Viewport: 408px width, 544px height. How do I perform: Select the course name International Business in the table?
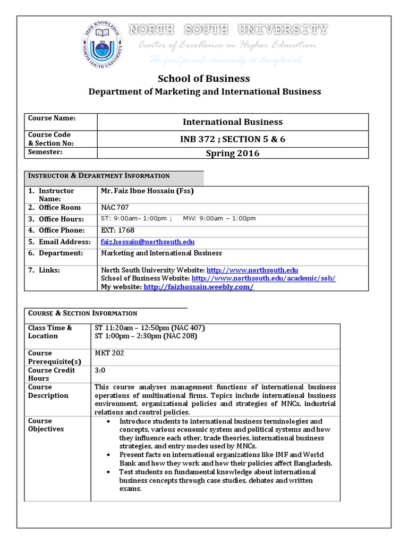pos(233,122)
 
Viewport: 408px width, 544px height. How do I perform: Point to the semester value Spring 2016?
pos(233,153)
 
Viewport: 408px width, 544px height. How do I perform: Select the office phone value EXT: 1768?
pos(118,230)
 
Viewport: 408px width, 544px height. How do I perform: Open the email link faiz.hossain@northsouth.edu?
pos(144,242)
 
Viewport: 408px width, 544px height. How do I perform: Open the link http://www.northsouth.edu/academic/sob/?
pos(263,278)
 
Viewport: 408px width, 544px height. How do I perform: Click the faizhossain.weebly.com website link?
pos(198,287)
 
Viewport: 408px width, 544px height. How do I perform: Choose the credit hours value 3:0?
pos(100,370)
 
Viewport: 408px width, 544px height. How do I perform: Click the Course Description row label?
pos(48,392)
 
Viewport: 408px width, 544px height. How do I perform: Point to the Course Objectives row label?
pos(46,425)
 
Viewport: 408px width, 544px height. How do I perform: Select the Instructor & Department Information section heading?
pos(99,176)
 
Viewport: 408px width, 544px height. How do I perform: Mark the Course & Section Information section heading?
pos(82,313)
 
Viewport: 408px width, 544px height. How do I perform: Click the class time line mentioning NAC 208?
pos(141,336)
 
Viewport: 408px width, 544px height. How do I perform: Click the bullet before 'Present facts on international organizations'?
pos(108,455)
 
